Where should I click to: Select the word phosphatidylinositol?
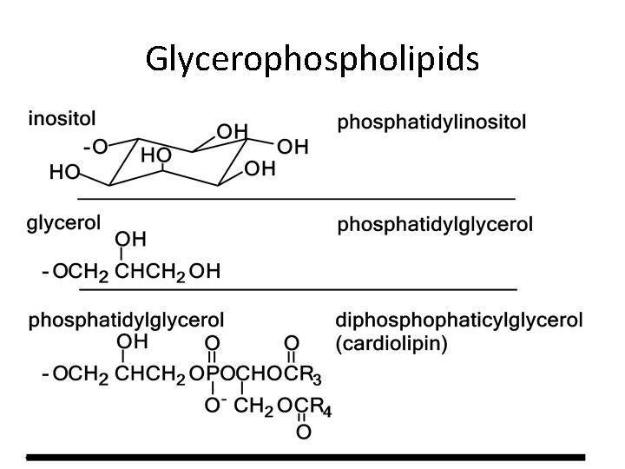coord(431,122)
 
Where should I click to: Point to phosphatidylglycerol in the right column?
coord(435,227)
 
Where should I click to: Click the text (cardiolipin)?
coord(392,343)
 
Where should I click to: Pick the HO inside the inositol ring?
coord(155,155)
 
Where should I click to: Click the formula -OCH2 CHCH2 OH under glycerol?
coord(131,272)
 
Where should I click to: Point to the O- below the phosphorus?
coord(214,406)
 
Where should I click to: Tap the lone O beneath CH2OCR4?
coord(302,431)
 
